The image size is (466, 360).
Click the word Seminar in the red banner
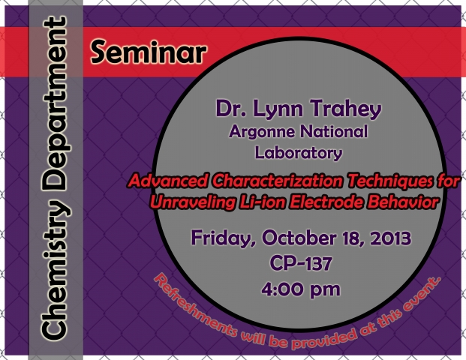coord(149,52)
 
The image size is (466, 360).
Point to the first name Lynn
coord(278,109)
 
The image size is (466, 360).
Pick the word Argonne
coord(262,132)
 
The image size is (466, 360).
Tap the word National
coord(334,131)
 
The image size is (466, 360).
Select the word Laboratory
coord(299,153)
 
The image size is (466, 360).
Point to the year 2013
coord(390,238)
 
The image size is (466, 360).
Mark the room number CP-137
coord(301,263)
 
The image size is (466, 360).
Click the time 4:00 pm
coord(301,289)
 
